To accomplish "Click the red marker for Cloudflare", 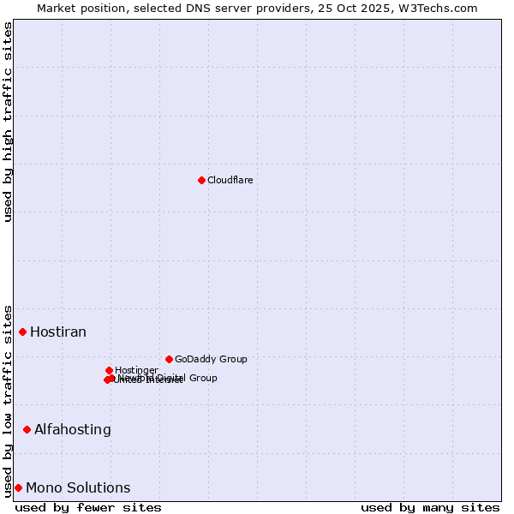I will (201, 180).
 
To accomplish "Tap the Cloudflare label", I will (230, 180).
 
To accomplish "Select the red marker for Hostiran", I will (23, 332).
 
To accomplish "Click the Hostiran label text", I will (58, 332).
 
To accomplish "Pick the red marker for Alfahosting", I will (27, 429).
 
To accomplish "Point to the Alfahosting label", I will (73, 429).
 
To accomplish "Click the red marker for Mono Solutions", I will (18, 487).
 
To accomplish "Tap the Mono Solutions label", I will (78, 487).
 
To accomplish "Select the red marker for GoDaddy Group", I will (169, 359).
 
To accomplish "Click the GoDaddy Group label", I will (211, 359).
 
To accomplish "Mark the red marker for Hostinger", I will (109, 370).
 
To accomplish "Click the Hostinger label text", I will (136, 370).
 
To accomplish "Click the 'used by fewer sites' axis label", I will (88, 507).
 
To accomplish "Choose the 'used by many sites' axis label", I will (430, 507).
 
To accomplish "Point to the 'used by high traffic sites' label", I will (8, 122).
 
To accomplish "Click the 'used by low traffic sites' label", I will (8, 400).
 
